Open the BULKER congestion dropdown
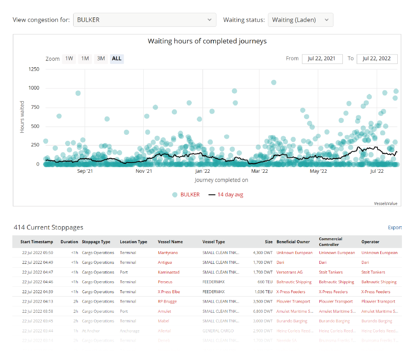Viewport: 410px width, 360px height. pos(145,20)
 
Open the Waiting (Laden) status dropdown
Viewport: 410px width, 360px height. pos(300,20)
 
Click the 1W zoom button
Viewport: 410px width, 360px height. pos(69,58)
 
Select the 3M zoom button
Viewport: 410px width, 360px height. pos(101,58)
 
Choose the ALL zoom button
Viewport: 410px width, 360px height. pos(117,58)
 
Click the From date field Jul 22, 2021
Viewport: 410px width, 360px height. pos(322,58)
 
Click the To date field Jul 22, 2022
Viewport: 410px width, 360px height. pos(377,58)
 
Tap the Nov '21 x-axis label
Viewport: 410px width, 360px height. pos(144,171)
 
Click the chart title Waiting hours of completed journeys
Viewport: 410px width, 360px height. pos(207,41)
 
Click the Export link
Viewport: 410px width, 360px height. pos(395,228)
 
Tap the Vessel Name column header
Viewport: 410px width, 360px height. pos(170,242)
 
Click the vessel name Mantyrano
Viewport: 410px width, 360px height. pos(168,253)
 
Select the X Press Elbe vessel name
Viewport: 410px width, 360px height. pos(169,292)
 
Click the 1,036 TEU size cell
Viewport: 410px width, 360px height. pos(262,292)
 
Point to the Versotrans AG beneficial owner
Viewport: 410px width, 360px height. pos(290,272)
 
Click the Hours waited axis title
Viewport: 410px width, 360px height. pos(22,117)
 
